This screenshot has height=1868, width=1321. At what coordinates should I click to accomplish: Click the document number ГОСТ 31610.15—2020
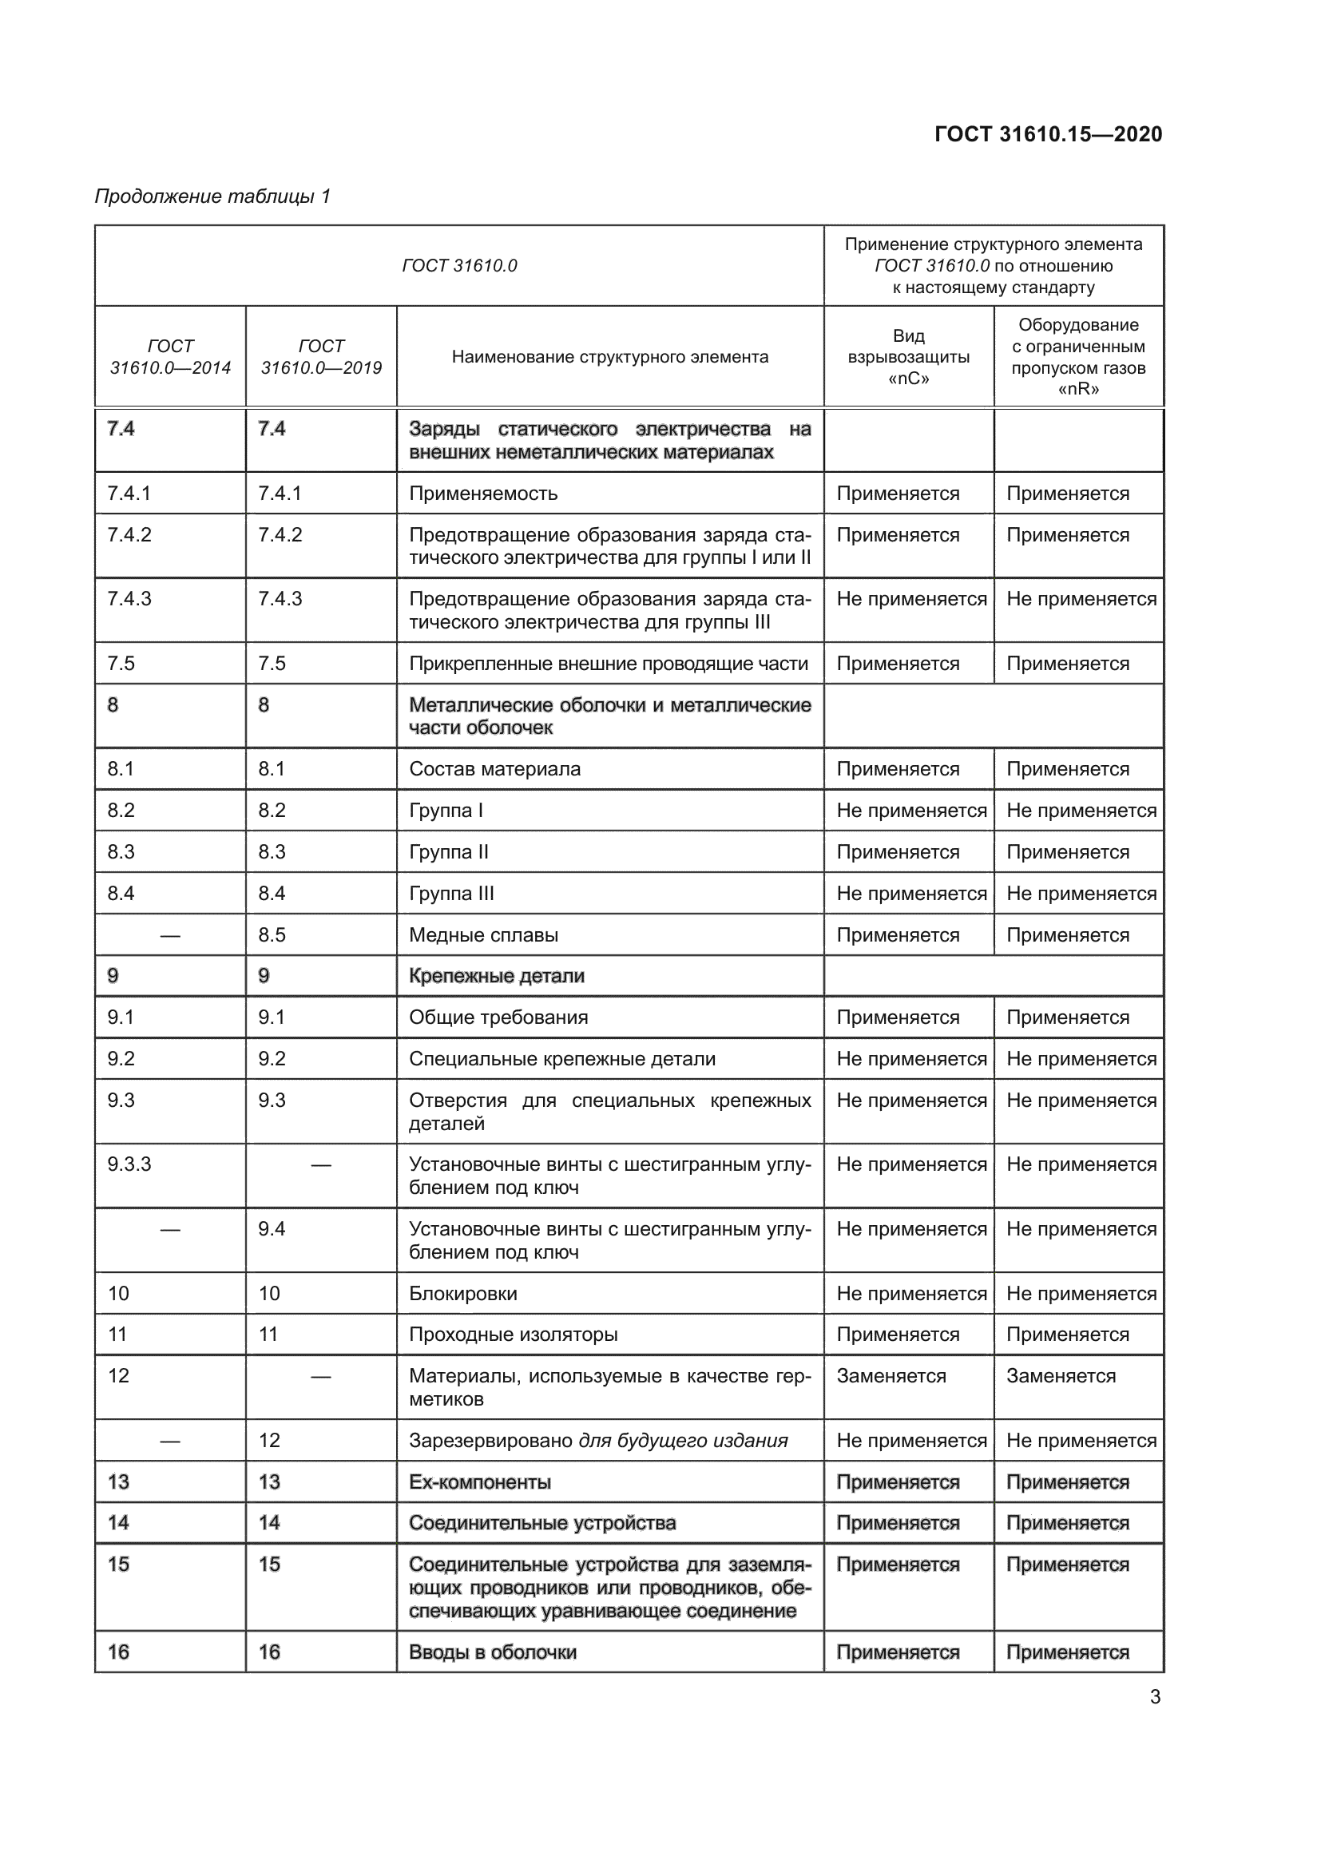pyautogui.click(x=1048, y=134)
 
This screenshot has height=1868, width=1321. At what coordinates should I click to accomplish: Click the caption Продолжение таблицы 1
pyautogui.click(x=212, y=196)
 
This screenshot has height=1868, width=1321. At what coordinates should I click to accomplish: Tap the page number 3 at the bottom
pyautogui.click(x=1155, y=1696)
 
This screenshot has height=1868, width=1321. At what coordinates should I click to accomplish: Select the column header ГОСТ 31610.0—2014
pyautogui.click(x=170, y=356)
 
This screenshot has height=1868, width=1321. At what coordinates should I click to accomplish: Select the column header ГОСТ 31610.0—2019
pyautogui.click(x=320, y=356)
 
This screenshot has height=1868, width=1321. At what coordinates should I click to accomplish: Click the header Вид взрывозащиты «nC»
pyautogui.click(x=908, y=356)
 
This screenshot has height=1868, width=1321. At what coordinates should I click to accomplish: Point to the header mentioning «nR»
pyautogui.click(x=1077, y=356)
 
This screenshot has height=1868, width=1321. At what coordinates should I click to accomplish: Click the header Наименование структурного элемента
pyautogui.click(x=609, y=356)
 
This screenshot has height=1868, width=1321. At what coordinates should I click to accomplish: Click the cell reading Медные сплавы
pyautogui.click(x=483, y=935)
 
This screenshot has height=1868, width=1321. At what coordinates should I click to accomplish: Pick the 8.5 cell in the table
pyautogui.click(x=272, y=935)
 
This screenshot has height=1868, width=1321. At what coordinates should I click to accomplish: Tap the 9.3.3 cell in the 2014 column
pyautogui.click(x=129, y=1164)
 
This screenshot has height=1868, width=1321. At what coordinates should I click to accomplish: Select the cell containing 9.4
pyautogui.click(x=272, y=1228)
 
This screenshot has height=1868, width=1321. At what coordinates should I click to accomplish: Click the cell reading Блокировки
pyautogui.click(x=463, y=1294)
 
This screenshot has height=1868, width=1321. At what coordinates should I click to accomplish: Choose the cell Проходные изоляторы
pyautogui.click(x=514, y=1335)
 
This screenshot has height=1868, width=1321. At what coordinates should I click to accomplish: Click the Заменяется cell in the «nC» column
pyautogui.click(x=891, y=1376)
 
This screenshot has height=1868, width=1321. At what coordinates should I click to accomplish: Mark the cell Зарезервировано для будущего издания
pyautogui.click(x=598, y=1441)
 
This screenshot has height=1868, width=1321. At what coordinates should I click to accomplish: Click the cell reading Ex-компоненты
pyautogui.click(x=480, y=1481)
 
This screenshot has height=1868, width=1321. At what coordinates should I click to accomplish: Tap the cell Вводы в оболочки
pyautogui.click(x=492, y=1652)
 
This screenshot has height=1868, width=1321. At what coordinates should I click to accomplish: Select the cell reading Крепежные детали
pyautogui.click(x=496, y=975)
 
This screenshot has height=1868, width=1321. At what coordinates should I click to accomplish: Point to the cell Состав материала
pyautogui.click(x=494, y=769)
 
